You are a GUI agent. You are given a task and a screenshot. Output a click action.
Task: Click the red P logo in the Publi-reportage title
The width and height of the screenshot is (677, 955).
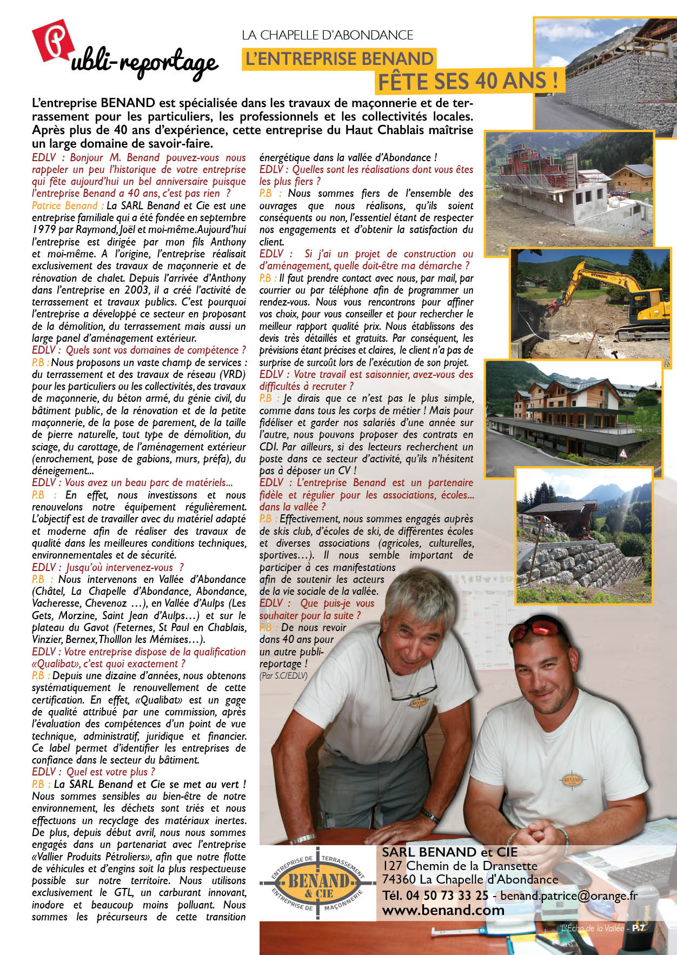coord(52,41)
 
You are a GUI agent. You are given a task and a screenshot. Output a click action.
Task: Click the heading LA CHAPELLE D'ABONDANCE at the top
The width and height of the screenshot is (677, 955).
coord(327,35)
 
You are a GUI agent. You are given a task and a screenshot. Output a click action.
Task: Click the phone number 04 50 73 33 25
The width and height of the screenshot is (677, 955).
coord(447,896)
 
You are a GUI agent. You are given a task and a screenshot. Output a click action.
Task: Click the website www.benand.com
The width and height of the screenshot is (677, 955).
coord(443,910)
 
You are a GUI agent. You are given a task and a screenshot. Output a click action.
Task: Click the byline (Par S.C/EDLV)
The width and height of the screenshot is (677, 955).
coord(283,675)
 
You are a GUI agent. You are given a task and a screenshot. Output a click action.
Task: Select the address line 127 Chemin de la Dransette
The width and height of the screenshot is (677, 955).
coord(460,866)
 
